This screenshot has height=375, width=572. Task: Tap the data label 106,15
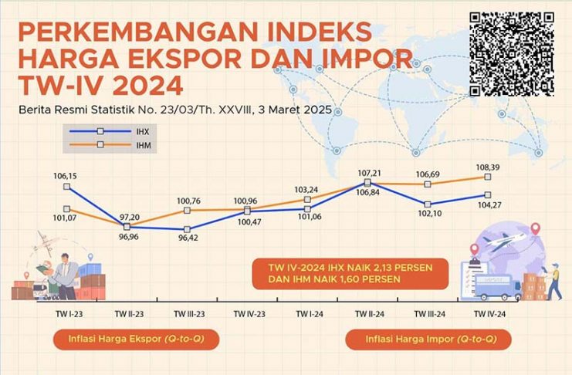tap(67, 175)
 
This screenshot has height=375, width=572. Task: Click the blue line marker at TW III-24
tap(429, 204)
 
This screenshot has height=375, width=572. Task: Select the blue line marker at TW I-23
tap(67, 186)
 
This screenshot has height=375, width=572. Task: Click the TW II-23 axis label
tap(127, 314)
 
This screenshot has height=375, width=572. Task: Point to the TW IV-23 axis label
tap(247, 314)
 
